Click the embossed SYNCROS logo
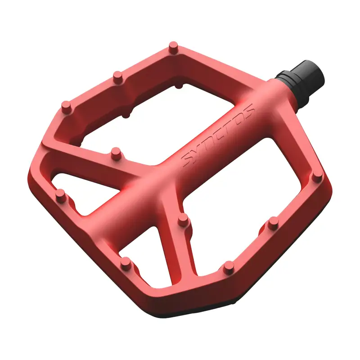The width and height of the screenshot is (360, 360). click(218, 135)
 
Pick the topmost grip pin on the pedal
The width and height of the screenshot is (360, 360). click(174, 47)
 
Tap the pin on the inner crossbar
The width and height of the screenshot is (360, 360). click(116, 153)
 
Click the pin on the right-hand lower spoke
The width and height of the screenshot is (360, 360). click(183, 220)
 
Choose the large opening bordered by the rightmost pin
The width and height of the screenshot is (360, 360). click(252, 180)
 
